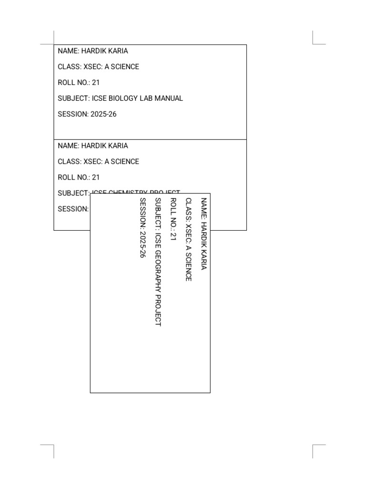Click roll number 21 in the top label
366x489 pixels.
pos(96,83)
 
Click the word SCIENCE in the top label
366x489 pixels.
pos(125,67)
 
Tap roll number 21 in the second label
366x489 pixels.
pos(96,177)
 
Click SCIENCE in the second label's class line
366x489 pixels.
pos(125,161)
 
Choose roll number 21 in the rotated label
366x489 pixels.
pos(173,235)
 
